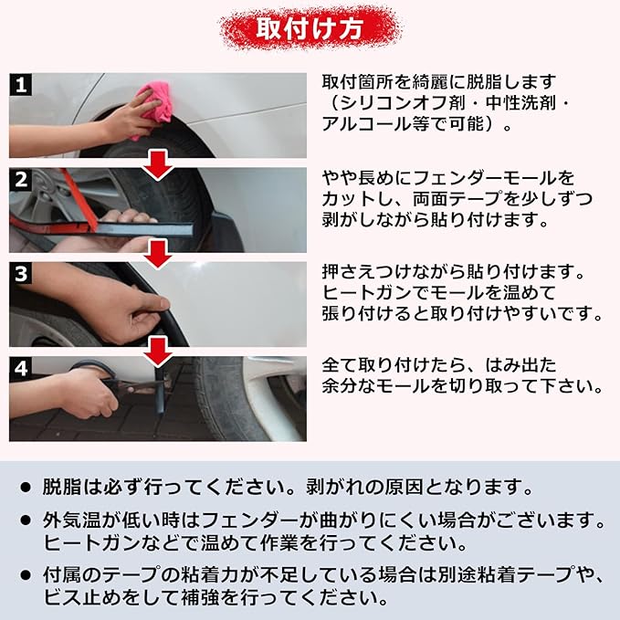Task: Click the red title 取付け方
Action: pyautogui.click(x=310, y=28)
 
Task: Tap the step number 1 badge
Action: pyautogui.click(x=21, y=84)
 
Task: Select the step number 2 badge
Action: pyautogui.click(x=21, y=179)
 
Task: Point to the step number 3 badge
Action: pyautogui.click(x=21, y=273)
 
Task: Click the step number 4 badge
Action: pyautogui.click(x=21, y=368)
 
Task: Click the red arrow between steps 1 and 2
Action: pyautogui.click(x=158, y=164)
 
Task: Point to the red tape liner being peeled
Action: pyautogui.click(x=79, y=198)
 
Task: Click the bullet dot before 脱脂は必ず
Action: pyautogui.click(x=26, y=488)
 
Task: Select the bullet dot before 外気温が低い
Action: pyautogui.click(x=26, y=520)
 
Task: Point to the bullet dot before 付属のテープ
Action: pyautogui.click(x=26, y=575)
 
